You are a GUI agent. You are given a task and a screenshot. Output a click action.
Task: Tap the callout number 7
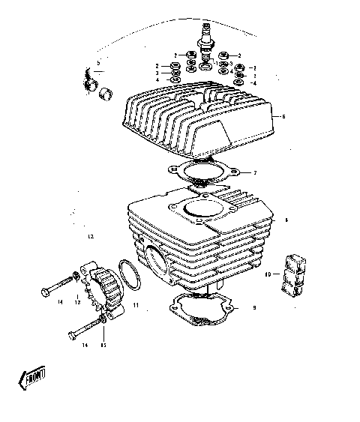click(x=255, y=173)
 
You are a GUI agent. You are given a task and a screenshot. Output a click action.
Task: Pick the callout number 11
click(x=136, y=306)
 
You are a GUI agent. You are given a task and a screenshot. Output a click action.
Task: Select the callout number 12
click(x=90, y=236)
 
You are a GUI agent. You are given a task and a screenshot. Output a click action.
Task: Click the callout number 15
click(x=103, y=346)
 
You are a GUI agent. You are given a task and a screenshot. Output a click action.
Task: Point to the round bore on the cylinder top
click(x=199, y=210)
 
